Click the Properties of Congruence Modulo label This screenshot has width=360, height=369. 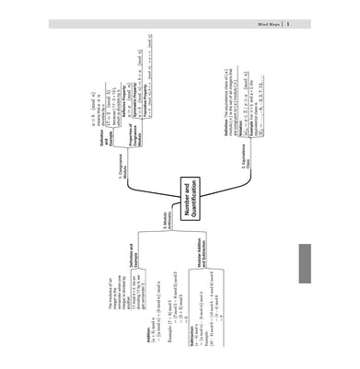(129, 130)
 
